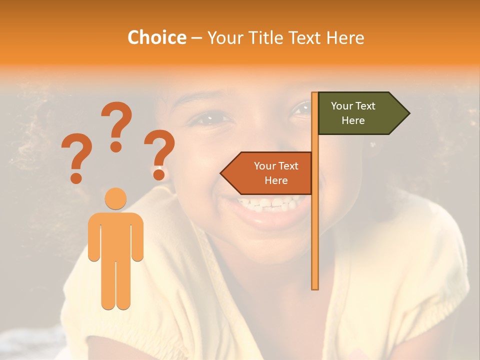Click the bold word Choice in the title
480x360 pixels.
coord(156,37)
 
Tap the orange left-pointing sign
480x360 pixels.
coord(270,173)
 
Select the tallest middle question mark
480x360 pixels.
coord(116,125)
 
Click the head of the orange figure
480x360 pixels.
coord(116,198)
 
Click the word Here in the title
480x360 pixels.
coord(345,37)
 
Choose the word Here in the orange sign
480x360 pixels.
coord(276,180)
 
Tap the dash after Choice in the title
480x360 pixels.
coord(197,38)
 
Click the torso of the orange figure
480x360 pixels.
coord(116,232)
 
